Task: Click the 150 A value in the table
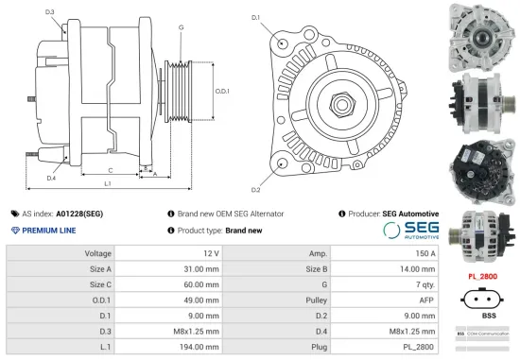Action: click(x=425, y=253)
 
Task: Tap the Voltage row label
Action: click(x=98, y=253)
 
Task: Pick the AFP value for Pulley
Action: click(x=425, y=300)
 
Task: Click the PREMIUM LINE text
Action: click(x=49, y=231)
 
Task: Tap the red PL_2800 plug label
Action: click(x=483, y=276)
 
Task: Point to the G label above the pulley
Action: click(x=181, y=27)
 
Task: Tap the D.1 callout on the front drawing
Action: click(x=255, y=18)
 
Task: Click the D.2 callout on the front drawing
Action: click(x=255, y=177)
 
